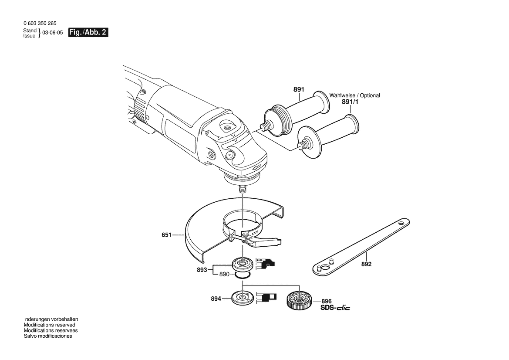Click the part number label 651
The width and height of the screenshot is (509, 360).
point(166,234)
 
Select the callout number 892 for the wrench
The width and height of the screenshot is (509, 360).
point(366,264)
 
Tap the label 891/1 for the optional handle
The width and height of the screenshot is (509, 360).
point(350,102)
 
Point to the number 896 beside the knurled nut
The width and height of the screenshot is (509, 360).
point(327,301)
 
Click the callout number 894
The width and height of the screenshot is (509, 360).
point(216,299)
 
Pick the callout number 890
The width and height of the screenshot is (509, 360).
point(224,274)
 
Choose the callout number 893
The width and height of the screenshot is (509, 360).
point(202,270)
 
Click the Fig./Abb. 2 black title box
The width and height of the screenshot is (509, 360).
point(88,33)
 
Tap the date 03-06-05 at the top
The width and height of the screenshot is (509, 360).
point(53,33)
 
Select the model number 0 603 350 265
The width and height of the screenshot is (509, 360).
point(40,24)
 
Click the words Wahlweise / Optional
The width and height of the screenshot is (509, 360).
point(354,95)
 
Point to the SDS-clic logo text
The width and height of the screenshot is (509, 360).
point(335,307)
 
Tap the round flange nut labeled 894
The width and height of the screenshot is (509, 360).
point(242,298)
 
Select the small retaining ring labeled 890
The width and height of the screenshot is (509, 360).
point(243,275)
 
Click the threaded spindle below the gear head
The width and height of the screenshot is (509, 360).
point(243,189)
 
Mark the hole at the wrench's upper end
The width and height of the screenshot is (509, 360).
point(402,224)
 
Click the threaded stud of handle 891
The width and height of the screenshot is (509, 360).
point(266,126)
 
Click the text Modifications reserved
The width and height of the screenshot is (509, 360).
point(49,325)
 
